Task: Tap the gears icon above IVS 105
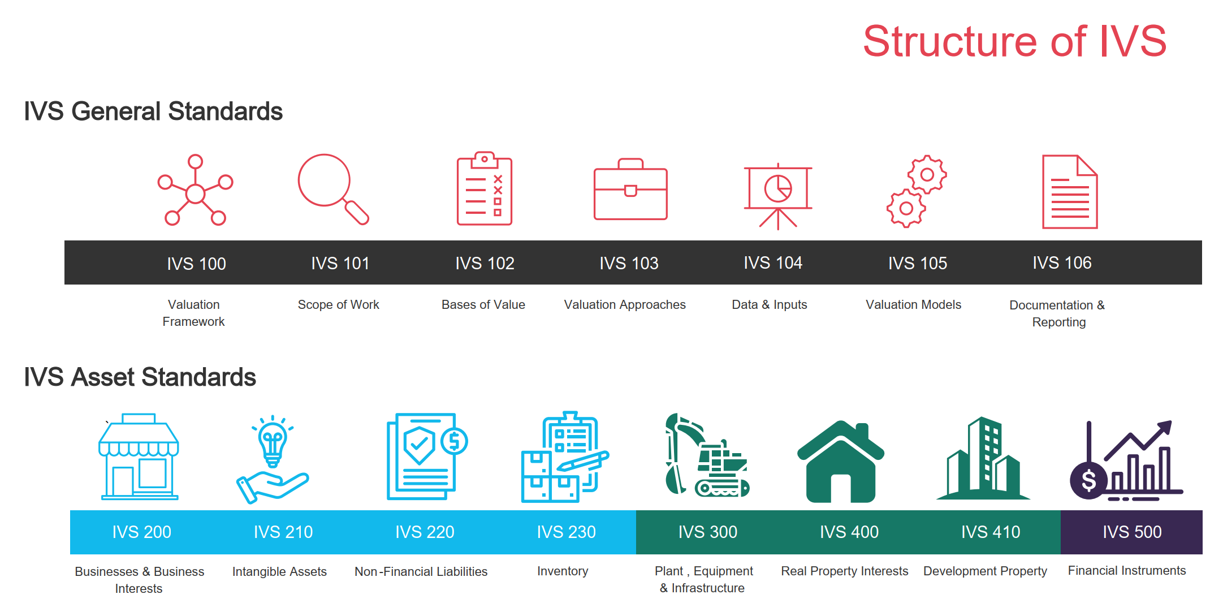pyautogui.click(x=917, y=191)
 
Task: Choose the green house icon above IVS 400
pyautogui.click(x=841, y=462)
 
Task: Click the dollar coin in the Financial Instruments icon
pyautogui.click(x=1088, y=480)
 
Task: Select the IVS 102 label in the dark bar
pyautogui.click(x=485, y=263)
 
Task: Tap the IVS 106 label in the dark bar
pyautogui.click(x=1062, y=262)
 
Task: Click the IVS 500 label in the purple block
pyautogui.click(x=1132, y=532)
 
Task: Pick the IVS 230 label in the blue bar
pyautogui.click(x=566, y=532)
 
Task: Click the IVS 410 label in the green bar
pyautogui.click(x=991, y=532)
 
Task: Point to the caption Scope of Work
pyautogui.click(x=338, y=304)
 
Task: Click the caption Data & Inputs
pyautogui.click(x=769, y=304)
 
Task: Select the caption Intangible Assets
pyautogui.click(x=279, y=571)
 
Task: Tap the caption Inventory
pyautogui.click(x=563, y=571)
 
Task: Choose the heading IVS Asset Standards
pyautogui.click(x=140, y=377)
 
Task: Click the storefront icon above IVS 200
pyautogui.click(x=139, y=457)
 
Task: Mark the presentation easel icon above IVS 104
pyautogui.click(x=777, y=196)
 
